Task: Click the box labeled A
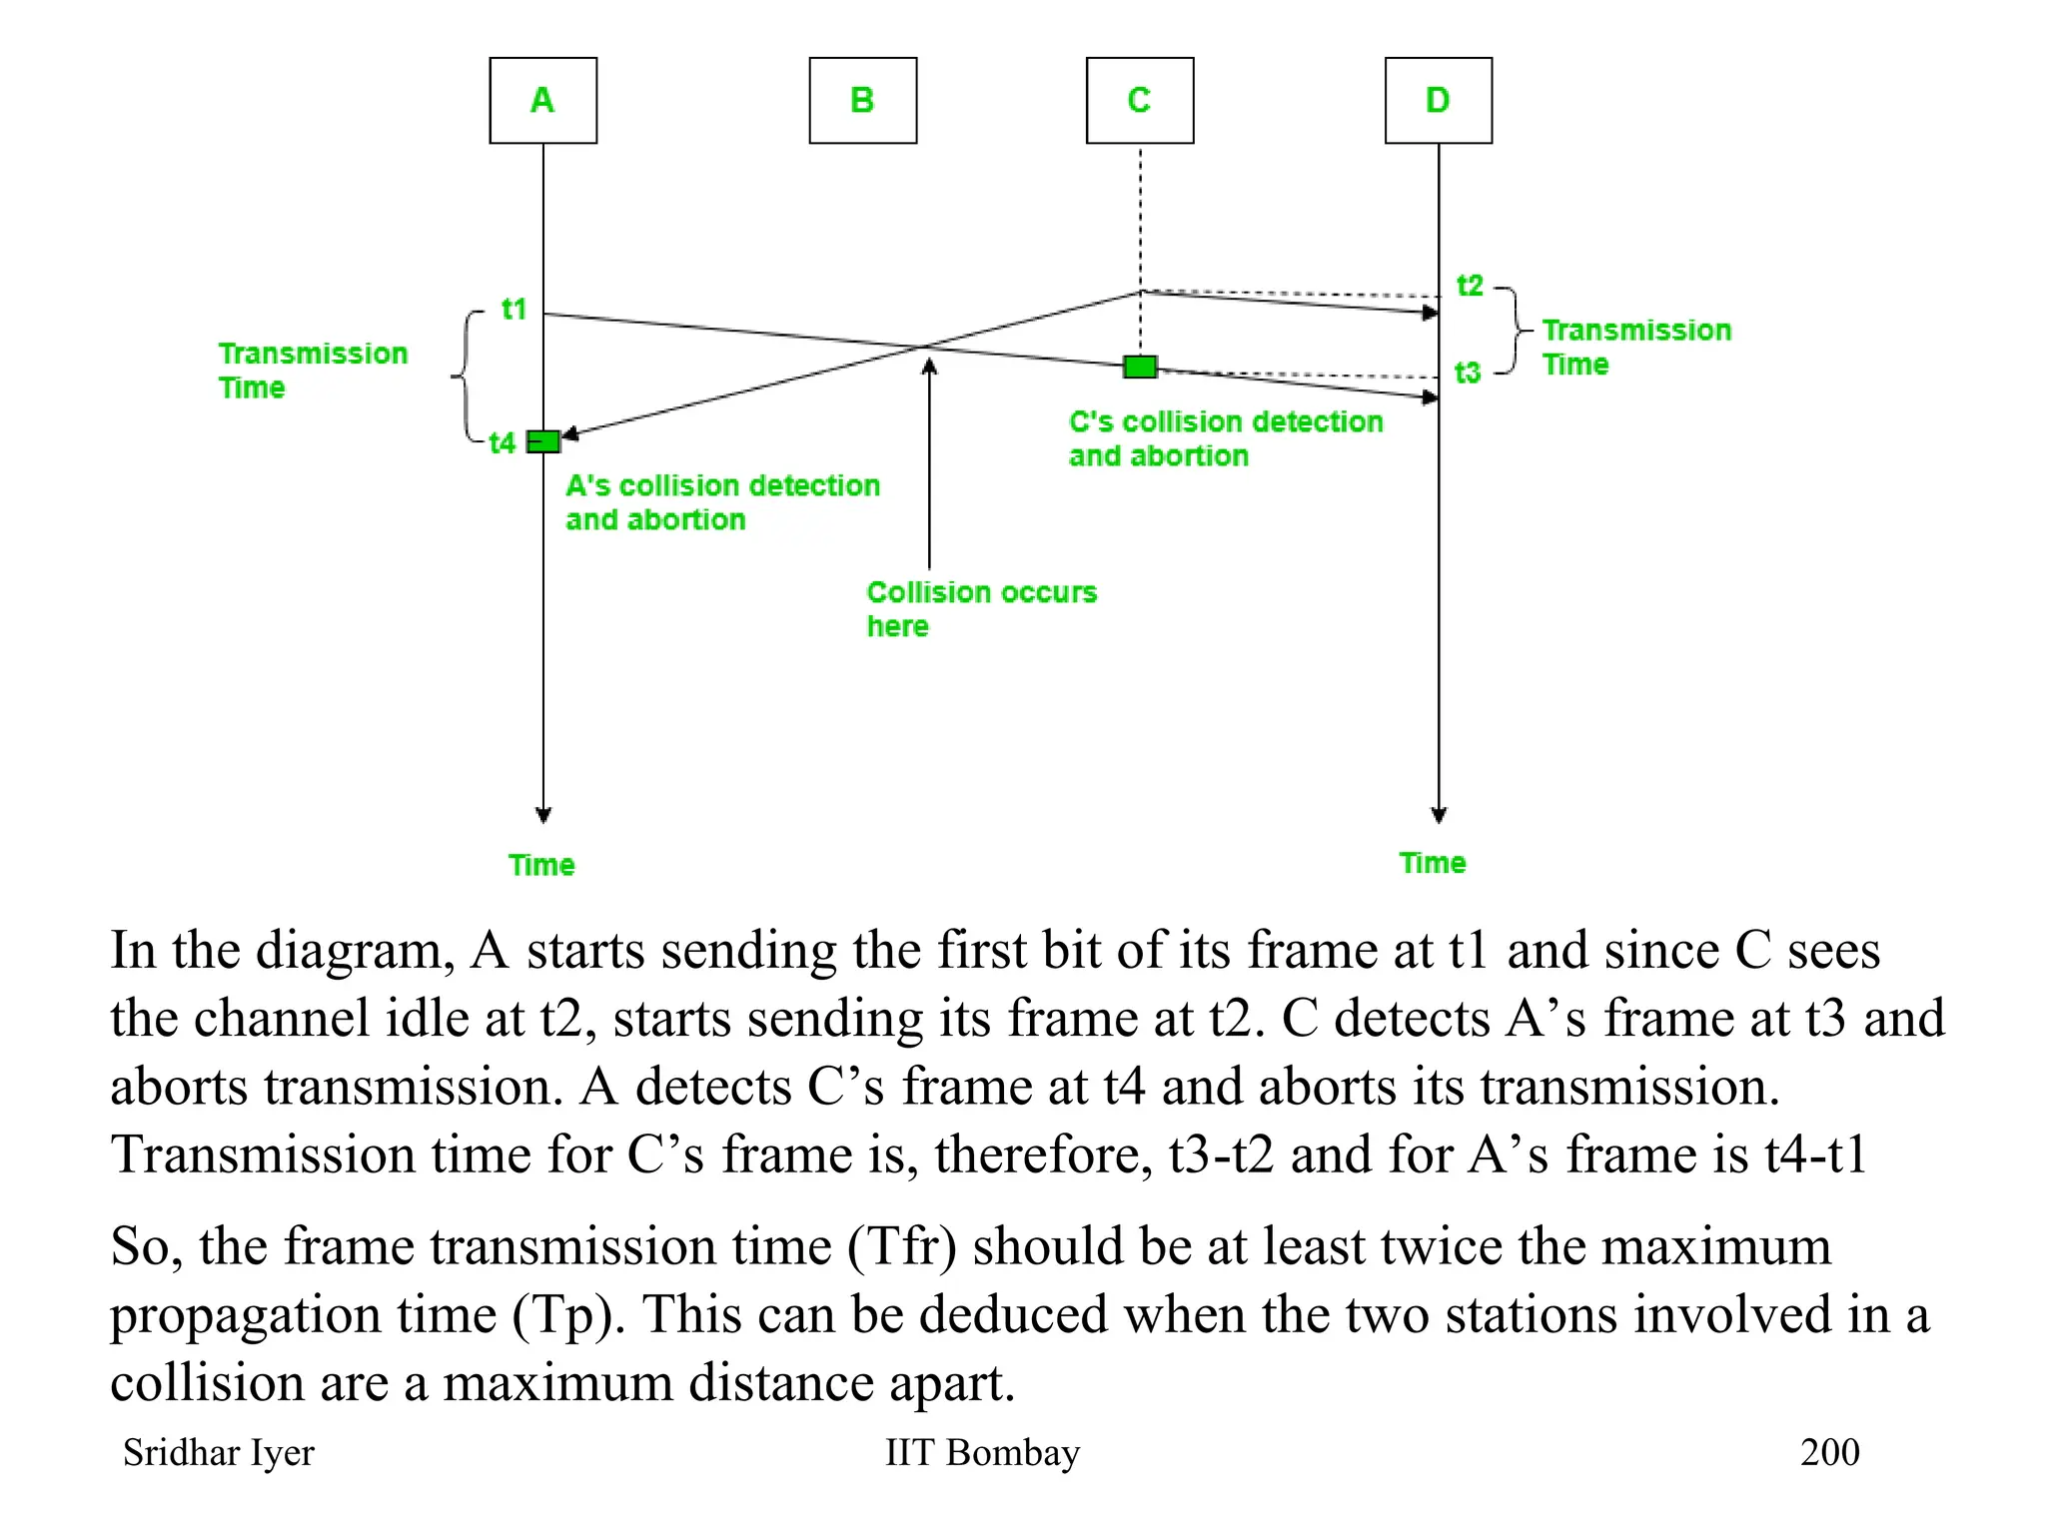pos(542,101)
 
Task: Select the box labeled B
pos(862,101)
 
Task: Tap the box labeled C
pos(1140,101)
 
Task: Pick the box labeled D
pos(1438,101)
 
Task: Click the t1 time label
pos(513,310)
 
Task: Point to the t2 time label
pos(1470,286)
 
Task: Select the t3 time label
pos(1467,373)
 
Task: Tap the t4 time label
pos(502,442)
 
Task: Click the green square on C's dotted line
pos(1140,367)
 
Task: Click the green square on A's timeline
pos(543,441)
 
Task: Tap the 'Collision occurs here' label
pos(981,608)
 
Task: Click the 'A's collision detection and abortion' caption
pos(722,502)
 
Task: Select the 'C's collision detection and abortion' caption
pos(1225,438)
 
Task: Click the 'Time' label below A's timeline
pos(541,865)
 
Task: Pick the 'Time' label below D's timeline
pos(1432,863)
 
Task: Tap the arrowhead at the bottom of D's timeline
pos(1439,815)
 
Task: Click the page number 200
pos(1829,1452)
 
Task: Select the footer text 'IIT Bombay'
pos(982,1452)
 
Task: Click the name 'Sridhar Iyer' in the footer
pos(218,1452)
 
